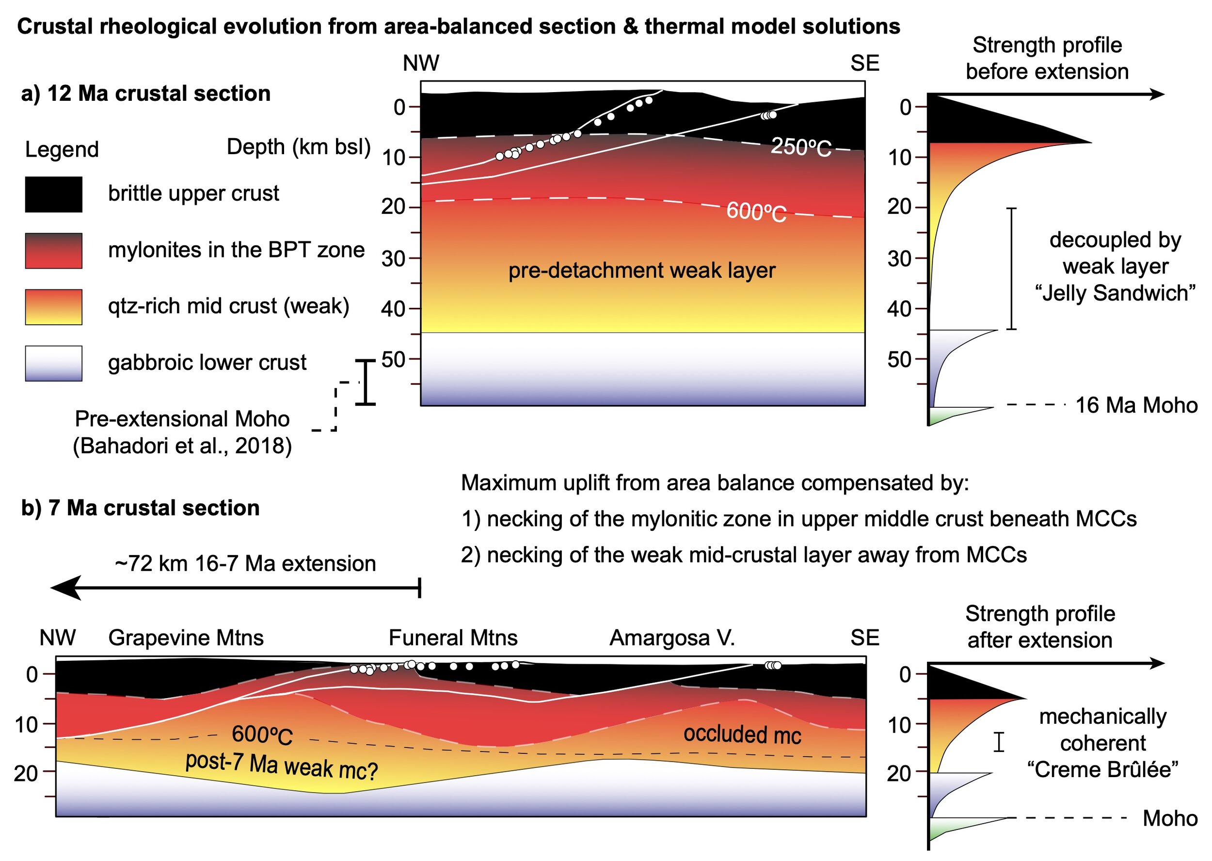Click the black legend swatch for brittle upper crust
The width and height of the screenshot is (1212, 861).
53,194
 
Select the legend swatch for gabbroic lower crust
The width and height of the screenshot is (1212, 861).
53,364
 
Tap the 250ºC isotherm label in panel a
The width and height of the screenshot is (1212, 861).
800,147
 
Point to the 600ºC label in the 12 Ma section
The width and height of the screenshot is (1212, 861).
756,211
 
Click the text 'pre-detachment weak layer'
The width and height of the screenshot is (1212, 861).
641,271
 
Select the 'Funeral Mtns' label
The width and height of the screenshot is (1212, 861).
453,638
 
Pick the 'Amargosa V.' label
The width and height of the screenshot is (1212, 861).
672,638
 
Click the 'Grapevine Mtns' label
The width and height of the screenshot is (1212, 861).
186,638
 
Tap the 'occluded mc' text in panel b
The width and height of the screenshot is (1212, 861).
742,734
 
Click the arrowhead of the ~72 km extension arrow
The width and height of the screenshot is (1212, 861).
66,588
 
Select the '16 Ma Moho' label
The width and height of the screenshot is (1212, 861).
1136,405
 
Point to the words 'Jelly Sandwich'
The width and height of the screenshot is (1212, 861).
1115,293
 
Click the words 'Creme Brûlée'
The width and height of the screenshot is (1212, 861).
1102,769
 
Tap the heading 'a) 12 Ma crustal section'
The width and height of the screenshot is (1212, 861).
146,93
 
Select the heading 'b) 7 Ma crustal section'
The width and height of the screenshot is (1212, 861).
141,508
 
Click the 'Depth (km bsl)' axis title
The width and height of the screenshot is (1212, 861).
299,147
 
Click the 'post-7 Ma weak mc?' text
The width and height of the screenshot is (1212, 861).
281,766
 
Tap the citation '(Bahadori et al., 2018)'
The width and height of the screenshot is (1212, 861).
182,446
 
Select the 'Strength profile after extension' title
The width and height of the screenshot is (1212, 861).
1040,627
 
